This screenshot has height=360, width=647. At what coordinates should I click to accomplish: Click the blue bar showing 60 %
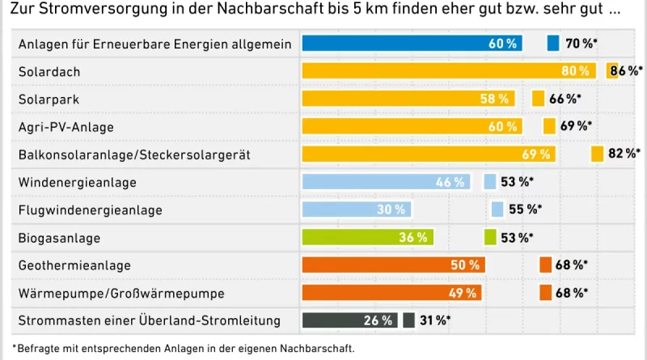412,44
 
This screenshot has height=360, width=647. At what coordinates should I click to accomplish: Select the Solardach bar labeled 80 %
449,71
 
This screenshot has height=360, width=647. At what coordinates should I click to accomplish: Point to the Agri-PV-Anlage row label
66,127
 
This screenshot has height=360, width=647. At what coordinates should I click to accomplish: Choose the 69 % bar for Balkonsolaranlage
428,154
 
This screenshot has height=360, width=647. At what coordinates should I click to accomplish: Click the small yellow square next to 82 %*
598,154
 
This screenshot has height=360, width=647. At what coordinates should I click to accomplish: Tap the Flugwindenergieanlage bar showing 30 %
357,210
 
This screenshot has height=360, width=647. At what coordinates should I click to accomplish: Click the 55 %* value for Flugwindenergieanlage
525,210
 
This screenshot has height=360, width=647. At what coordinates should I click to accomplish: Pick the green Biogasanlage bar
367,238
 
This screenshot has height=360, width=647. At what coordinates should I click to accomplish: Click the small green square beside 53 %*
490,238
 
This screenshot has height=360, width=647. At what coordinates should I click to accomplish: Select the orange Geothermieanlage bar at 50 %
393,265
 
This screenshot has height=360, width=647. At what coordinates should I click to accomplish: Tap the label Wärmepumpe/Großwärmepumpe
121,293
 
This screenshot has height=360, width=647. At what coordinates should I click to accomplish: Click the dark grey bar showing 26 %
349,321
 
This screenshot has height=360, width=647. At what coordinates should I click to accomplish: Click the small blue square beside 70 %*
553,44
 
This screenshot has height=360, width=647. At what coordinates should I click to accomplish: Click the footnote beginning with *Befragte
183,349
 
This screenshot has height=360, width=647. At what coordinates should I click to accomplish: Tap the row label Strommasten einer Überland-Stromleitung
149,321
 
